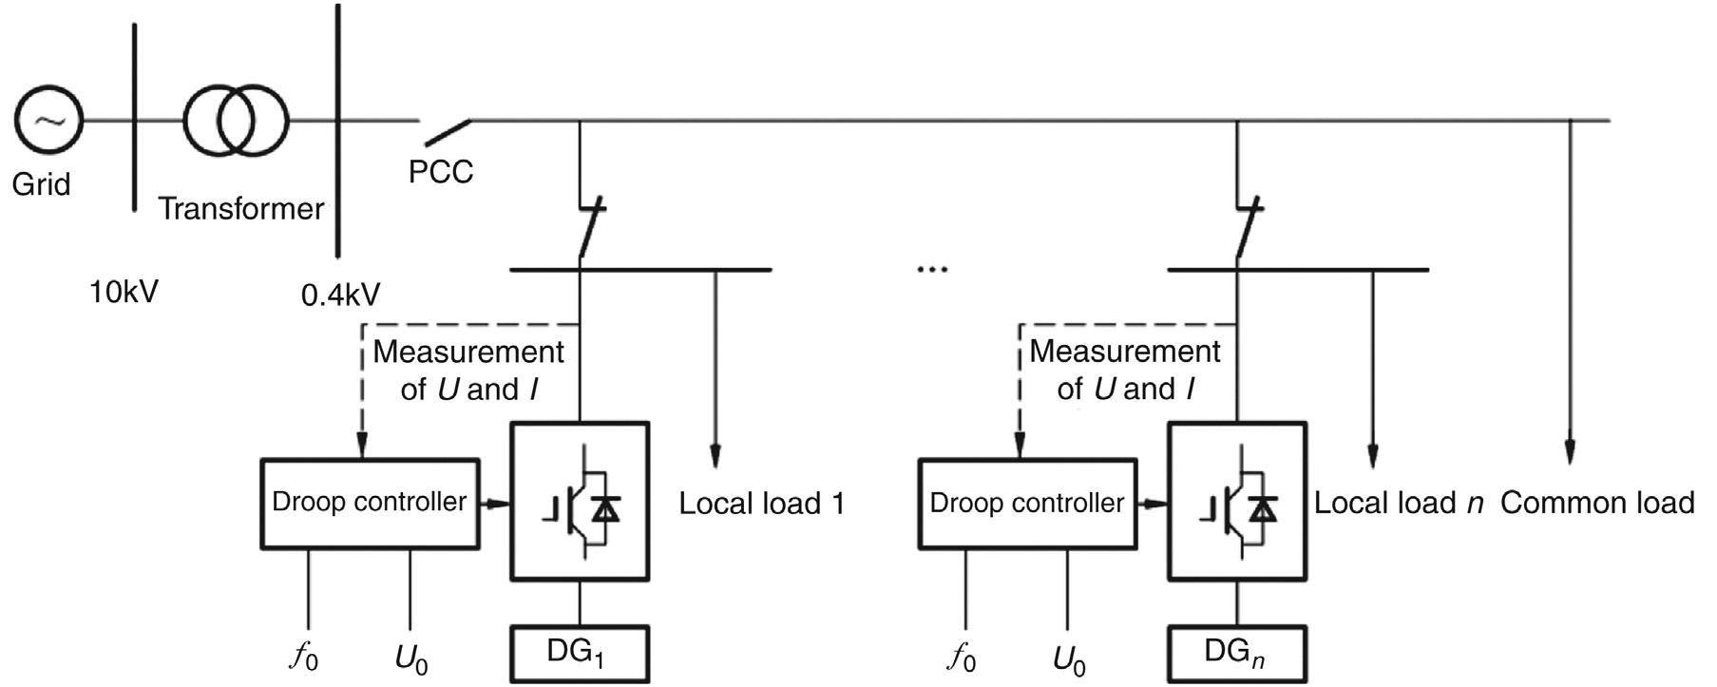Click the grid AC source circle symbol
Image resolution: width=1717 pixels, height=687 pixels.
tap(48, 121)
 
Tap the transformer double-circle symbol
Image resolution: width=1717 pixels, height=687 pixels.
tap(236, 121)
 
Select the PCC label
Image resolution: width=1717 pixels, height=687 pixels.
tap(440, 172)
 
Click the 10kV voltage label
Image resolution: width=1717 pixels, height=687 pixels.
tap(124, 292)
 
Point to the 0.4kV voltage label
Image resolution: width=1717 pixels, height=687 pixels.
tap(340, 296)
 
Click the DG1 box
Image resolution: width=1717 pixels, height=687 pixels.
tap(580, 653)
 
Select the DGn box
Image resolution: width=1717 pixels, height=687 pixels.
tap(1236, 653)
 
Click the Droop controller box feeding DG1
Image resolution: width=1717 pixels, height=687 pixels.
tap(370, 503)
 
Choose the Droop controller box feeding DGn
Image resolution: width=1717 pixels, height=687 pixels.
tap(1026, 503)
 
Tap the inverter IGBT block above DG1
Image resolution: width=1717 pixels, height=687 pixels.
tap(580, 502)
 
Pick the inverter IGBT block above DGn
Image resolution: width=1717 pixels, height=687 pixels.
tap(1236, 502)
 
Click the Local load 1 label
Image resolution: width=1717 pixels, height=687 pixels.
tap(761, 504)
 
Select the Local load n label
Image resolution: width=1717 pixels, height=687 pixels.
tap(1398, 504)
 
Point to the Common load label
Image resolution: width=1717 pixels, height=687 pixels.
tap(1597, 503)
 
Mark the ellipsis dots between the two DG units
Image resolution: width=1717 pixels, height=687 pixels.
tap(932, 270)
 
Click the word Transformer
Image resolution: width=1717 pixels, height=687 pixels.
tap(241, 208)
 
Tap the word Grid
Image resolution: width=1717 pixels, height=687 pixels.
tap(41, 183)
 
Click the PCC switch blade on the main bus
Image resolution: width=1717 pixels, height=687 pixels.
tap(447, 132)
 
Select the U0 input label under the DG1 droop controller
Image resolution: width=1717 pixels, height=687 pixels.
tap(410, 658)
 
